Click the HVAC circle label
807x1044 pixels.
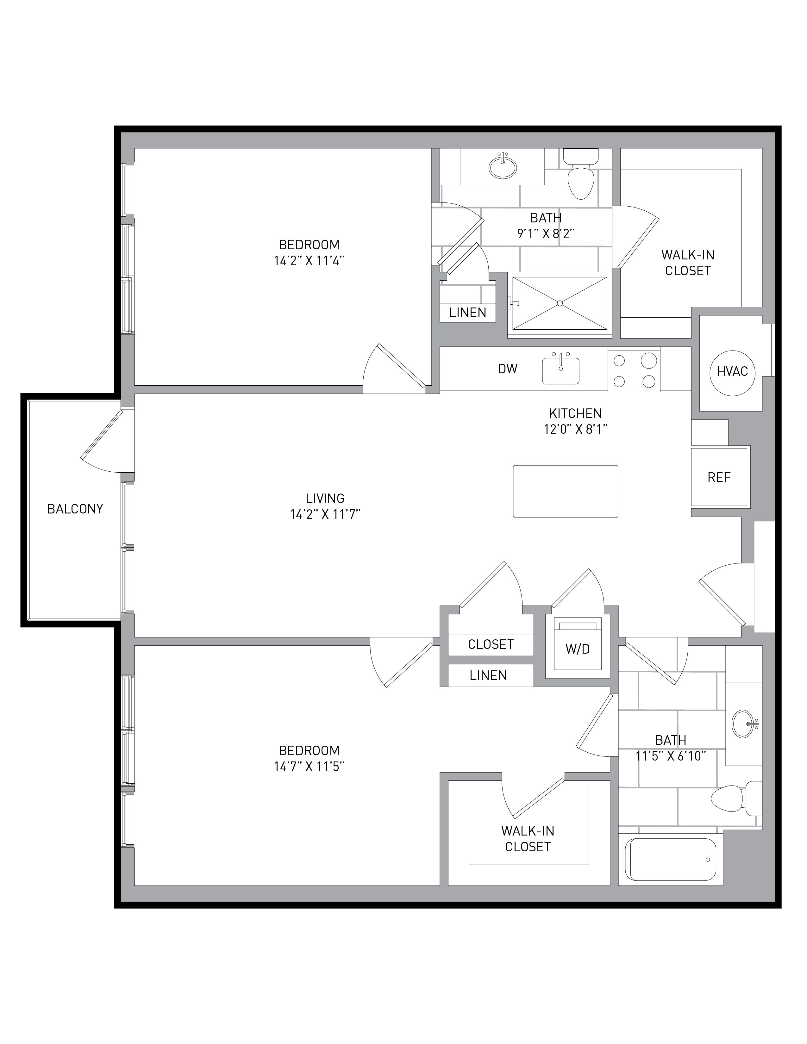(732, 371)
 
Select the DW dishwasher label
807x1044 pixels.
(508, 369)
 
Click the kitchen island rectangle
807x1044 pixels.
(566, 491)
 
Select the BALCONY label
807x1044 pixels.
(75, 509)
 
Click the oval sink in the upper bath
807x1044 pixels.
(503, 167)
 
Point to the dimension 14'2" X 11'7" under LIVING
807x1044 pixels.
(325, 514)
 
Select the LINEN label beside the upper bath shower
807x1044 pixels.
(467, 312)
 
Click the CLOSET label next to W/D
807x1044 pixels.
(491, 644)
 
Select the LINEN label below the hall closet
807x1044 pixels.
(488, 675)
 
